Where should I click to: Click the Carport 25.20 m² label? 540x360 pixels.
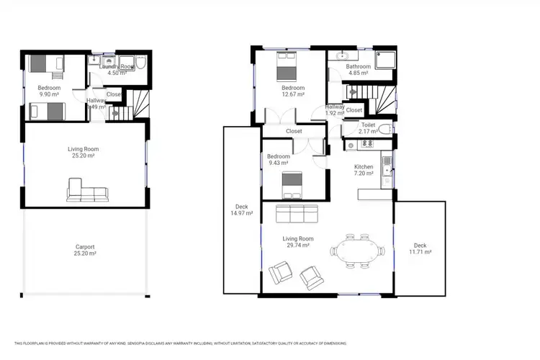(85, 251)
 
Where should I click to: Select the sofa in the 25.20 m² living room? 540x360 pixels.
(88, 191)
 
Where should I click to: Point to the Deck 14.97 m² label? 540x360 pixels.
(242, 210)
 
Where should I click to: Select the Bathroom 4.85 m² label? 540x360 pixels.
(359, 70)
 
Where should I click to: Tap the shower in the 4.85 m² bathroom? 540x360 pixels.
(384, 60)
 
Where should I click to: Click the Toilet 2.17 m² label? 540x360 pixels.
(368, 128)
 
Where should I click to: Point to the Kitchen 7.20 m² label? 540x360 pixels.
(364, 170)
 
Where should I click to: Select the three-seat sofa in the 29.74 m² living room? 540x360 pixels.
(297, 215)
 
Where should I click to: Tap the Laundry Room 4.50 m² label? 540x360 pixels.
(117, 69)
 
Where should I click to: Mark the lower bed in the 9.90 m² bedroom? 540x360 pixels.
(46, 111)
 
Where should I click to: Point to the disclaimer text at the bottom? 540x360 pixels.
(180, 343)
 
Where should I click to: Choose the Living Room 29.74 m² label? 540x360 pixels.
(297, 242)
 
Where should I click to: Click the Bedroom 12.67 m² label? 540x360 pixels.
(293, 91)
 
